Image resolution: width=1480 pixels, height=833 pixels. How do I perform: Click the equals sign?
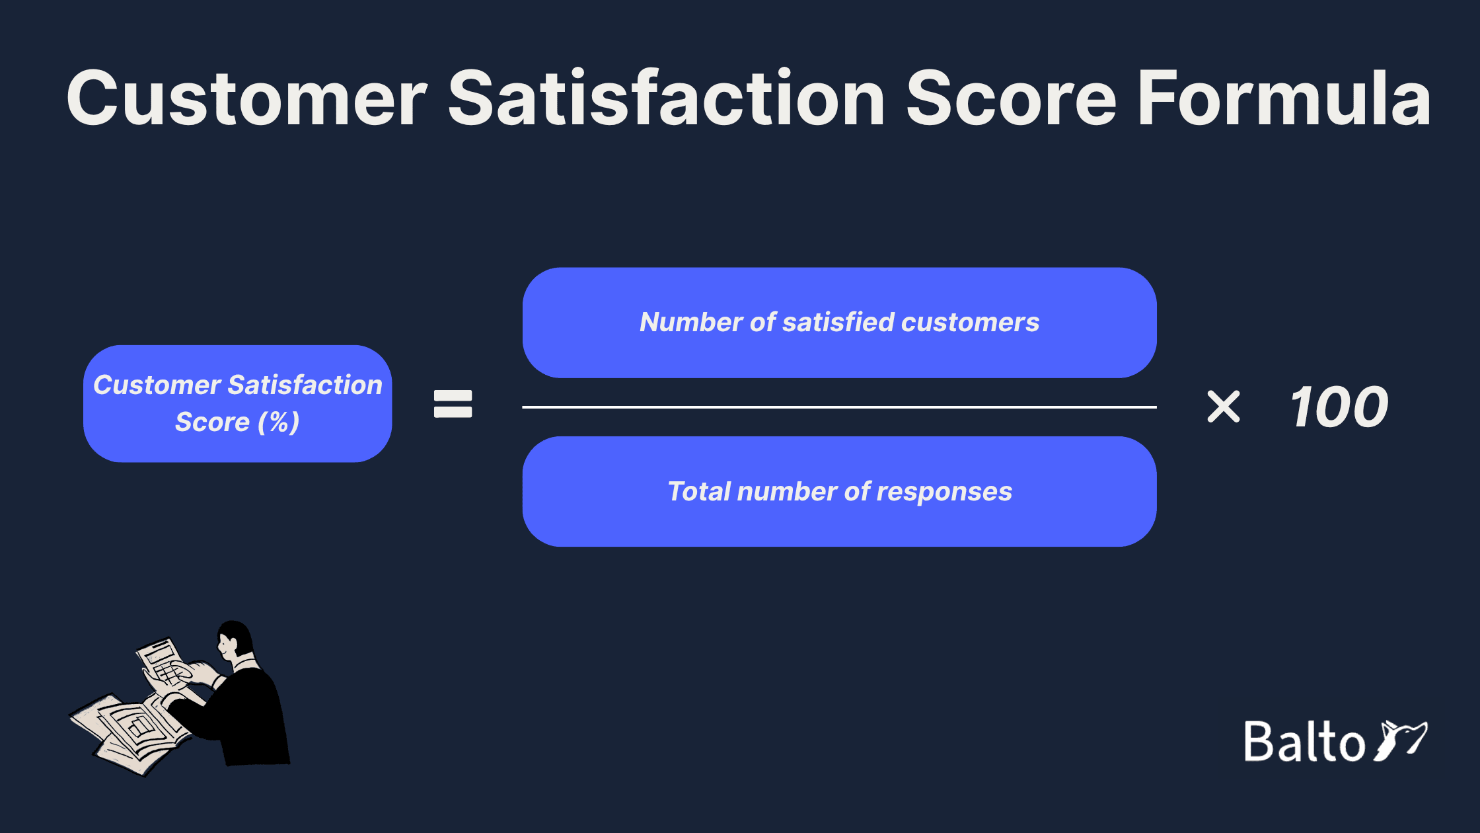[453, 404]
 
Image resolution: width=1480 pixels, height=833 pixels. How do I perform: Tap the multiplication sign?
[1224, 407]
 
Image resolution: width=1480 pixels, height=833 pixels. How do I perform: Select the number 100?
[1339, 407]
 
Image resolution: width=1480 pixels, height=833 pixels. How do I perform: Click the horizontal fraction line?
[839, 407]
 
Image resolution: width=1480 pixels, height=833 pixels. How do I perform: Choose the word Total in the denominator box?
[699, 492]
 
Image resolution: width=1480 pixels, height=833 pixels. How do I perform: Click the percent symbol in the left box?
[279, 422]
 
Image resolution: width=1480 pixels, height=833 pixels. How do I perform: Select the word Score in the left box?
[212, 422]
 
